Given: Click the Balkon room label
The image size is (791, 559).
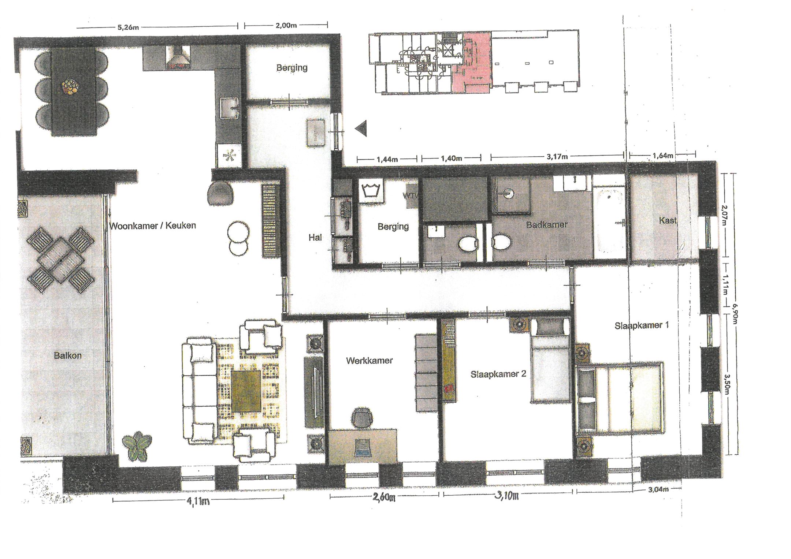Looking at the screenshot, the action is tap(68, 355).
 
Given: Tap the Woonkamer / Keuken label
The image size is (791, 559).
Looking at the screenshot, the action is tap(153, 226).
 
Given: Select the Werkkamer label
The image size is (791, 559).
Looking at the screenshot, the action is tap(369, 361).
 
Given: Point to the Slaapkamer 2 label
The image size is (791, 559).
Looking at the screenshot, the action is tap(498, 374).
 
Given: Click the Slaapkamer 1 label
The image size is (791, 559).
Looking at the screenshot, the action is tap(642, 325).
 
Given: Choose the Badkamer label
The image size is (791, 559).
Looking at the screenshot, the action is tap(547, 224).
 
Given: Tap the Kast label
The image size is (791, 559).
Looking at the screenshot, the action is tap(668, 220).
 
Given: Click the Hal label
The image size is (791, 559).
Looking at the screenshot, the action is tap(315, 238).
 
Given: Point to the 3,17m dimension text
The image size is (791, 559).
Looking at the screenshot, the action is tap(557, 157).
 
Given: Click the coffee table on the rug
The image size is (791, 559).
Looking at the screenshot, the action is tap(246, 391).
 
